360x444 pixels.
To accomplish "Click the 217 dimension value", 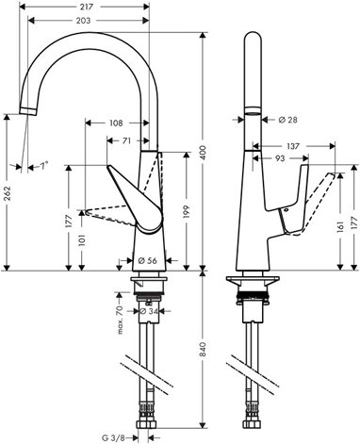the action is pyautogui.click(x=86, y=7).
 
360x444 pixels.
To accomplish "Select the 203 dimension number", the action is pyautogui.click(x=83, y=21).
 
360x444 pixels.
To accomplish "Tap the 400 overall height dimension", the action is pyautogui.click(x=204, y=152).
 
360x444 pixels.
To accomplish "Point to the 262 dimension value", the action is pyautogui.click(x=8, y=193).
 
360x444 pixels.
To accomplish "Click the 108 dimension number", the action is pyautogui.click(x=116, y=123).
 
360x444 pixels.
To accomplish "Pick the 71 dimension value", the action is pyautogui.click(x=126, y=140).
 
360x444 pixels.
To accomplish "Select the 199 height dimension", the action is pyautogui.click(x=187, y=212).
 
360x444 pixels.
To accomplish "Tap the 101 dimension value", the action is pyautogui.click(x=82, y=240).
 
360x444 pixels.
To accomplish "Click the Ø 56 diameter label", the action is pyautogui.click(x=148, y=260).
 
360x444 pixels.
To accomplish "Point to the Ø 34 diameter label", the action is pyautogui.click(x=148, y=311).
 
